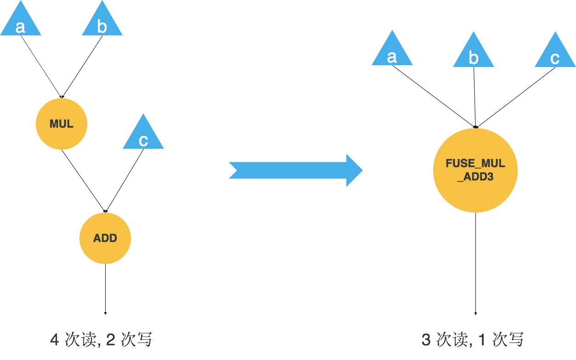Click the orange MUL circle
point(62,124)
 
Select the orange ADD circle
point(105,238)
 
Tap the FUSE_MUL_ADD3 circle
point(475,170)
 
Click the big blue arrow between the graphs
point(296,170)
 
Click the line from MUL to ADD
point(83,181)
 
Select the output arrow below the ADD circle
point(105,289)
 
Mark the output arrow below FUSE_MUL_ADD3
point(475,264)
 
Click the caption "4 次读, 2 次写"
point(101,340)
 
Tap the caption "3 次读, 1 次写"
point(472,340)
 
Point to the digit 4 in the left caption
point(55,340)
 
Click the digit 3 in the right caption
point(426,340)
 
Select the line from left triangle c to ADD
point(125,180)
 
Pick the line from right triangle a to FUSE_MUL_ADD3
point(434,97)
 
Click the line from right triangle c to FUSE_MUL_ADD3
point(515,98)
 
